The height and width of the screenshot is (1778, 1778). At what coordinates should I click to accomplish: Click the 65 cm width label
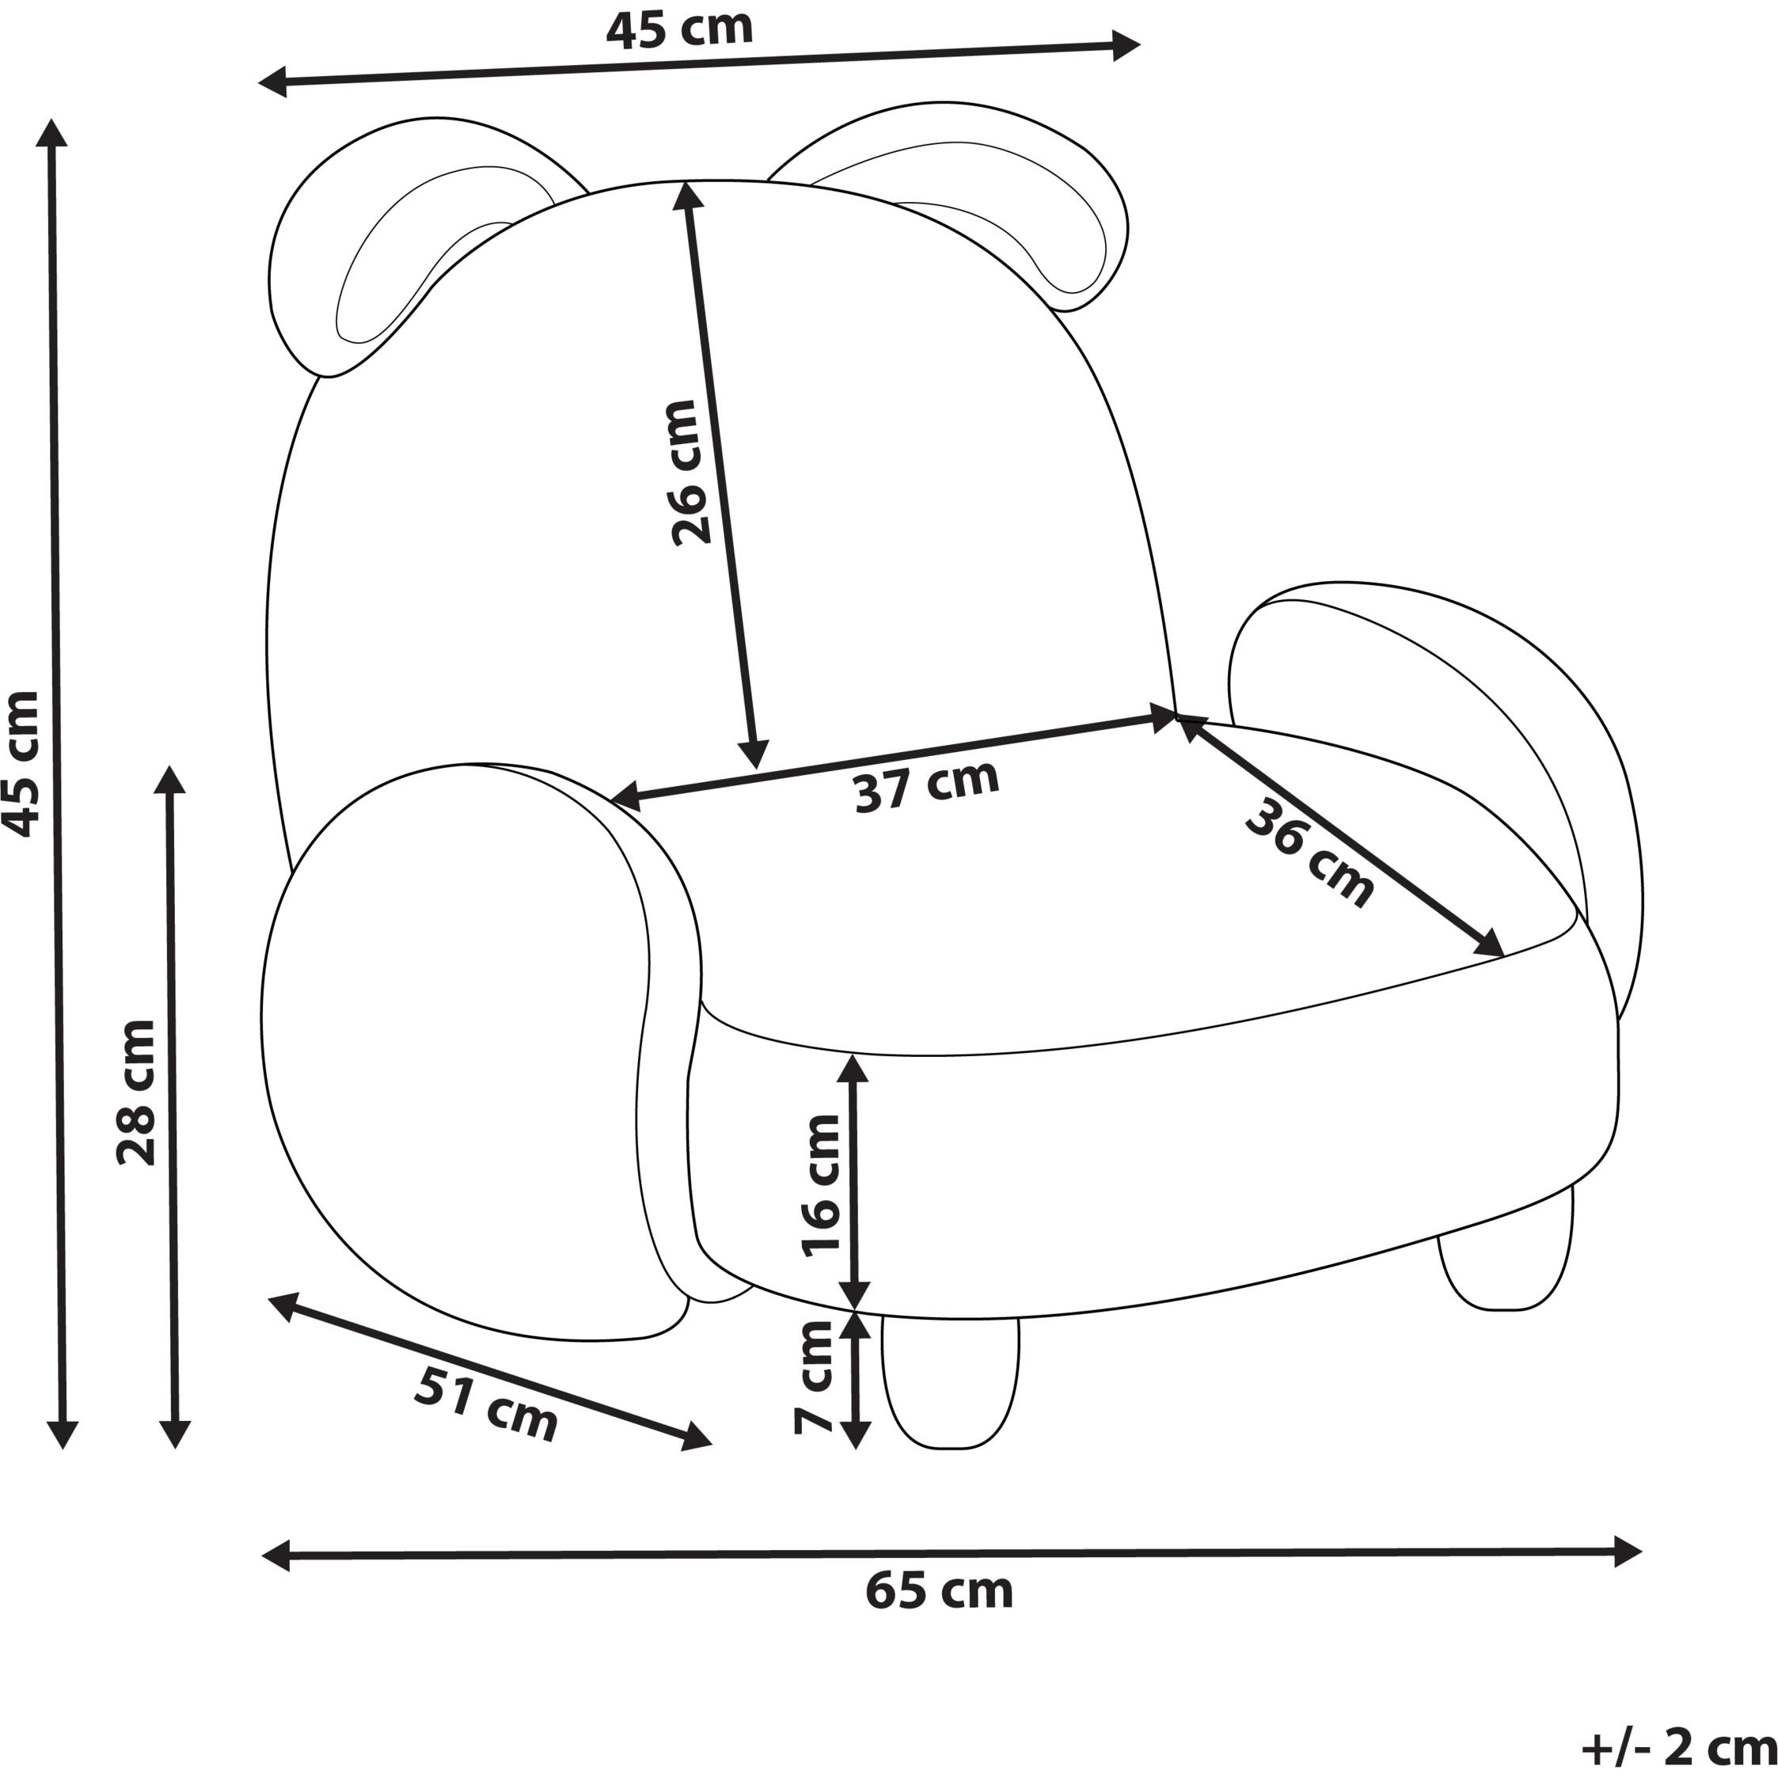pyautogui.click(x=939, y=1591)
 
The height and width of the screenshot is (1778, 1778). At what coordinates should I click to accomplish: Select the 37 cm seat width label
pyautogui.click(x=927, y=787)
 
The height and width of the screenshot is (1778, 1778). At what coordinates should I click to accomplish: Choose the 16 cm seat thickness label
pyautogui.click(x=821, y=1185)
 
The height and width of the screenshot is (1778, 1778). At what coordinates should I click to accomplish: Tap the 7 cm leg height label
pyautogui.click(x=814, y=1377)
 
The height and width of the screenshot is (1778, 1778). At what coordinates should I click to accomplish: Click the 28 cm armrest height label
pyautogui.click(x=136, y=1092)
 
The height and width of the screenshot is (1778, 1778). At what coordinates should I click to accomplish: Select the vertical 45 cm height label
pyautogui.click(x=21, y=764)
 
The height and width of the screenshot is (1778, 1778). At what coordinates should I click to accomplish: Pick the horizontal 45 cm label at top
pyautogui.click(x=679, y=28)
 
